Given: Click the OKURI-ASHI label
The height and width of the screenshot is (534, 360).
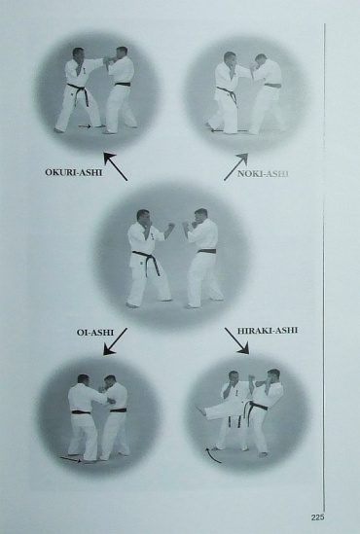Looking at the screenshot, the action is coord(74,172).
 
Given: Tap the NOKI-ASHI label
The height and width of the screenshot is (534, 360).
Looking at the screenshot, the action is coord(263,174).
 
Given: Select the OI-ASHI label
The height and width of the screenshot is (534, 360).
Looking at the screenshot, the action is coord(95,332).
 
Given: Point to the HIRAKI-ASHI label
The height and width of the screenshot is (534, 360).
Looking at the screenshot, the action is coord(268,331).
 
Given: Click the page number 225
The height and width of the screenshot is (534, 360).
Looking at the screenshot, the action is coord(317,517).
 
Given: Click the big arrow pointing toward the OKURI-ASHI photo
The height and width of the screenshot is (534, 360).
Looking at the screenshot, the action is coord(116,166).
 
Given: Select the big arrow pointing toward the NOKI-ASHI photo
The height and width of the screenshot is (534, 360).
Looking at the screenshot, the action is coord(236,166).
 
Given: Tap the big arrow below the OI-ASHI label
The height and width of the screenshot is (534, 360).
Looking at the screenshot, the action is coord(116,341).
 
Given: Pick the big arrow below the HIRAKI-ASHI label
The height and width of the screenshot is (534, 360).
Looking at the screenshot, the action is coord(236,340).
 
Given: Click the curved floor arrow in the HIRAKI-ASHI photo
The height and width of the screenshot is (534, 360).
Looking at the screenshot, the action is coord(210,456).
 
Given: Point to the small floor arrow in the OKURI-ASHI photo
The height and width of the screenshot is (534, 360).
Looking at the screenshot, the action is coord(85,126).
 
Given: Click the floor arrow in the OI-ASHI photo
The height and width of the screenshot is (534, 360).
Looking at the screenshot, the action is coord(71,460).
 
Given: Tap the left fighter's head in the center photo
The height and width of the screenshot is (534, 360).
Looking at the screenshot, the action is coord(143,216).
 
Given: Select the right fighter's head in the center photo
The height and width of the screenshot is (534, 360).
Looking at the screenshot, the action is coord(201,216).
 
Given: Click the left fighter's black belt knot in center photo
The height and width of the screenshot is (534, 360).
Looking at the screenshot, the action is coord(148,256).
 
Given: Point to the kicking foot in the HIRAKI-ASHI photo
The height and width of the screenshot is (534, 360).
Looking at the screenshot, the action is coord(200,409).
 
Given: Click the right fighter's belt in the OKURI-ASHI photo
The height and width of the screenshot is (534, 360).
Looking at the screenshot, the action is coord(123,84).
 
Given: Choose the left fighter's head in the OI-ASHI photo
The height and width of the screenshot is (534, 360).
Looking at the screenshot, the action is coord(83,379).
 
